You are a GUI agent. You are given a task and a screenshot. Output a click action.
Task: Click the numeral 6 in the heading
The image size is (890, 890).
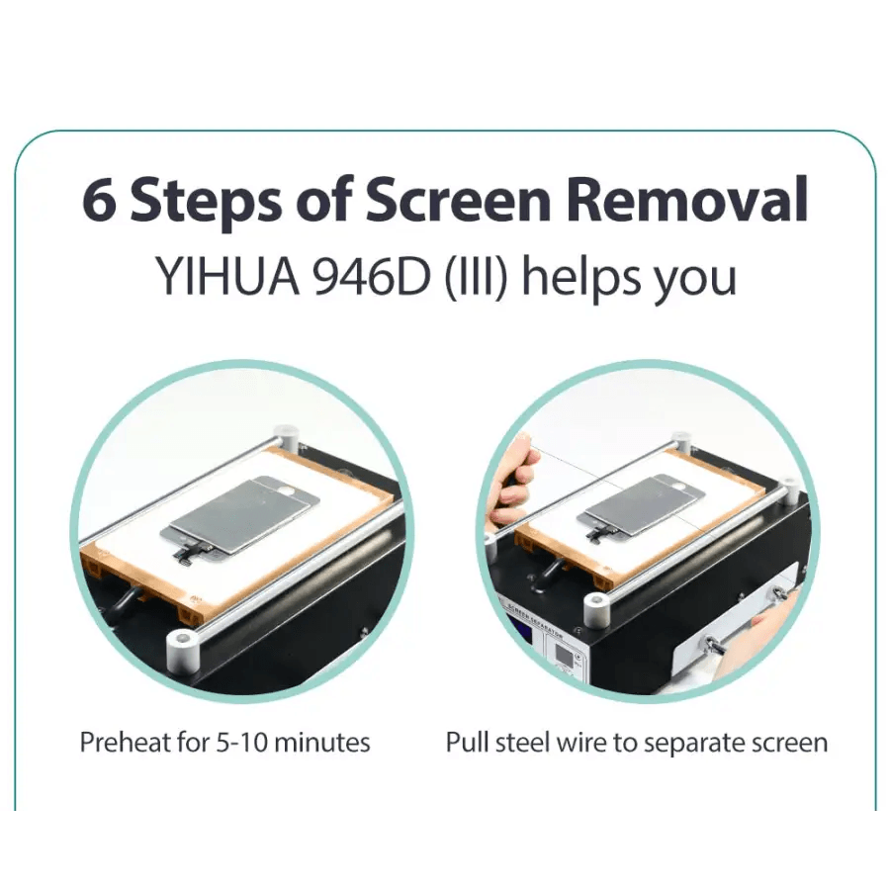tap(100, 201)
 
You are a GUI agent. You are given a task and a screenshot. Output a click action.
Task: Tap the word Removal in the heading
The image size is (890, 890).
tap(687, 199)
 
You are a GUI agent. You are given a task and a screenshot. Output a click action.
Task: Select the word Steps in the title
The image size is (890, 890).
tap(207, 206)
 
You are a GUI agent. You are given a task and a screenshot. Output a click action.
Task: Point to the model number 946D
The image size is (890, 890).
tap(373, 278)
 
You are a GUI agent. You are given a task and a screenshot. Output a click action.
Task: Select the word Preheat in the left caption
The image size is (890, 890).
tap(126, 742)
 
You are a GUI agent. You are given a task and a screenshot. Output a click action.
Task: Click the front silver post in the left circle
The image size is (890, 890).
tap(184, 648)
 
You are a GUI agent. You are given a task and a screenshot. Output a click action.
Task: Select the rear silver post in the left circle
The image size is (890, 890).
tap(286, 440)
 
